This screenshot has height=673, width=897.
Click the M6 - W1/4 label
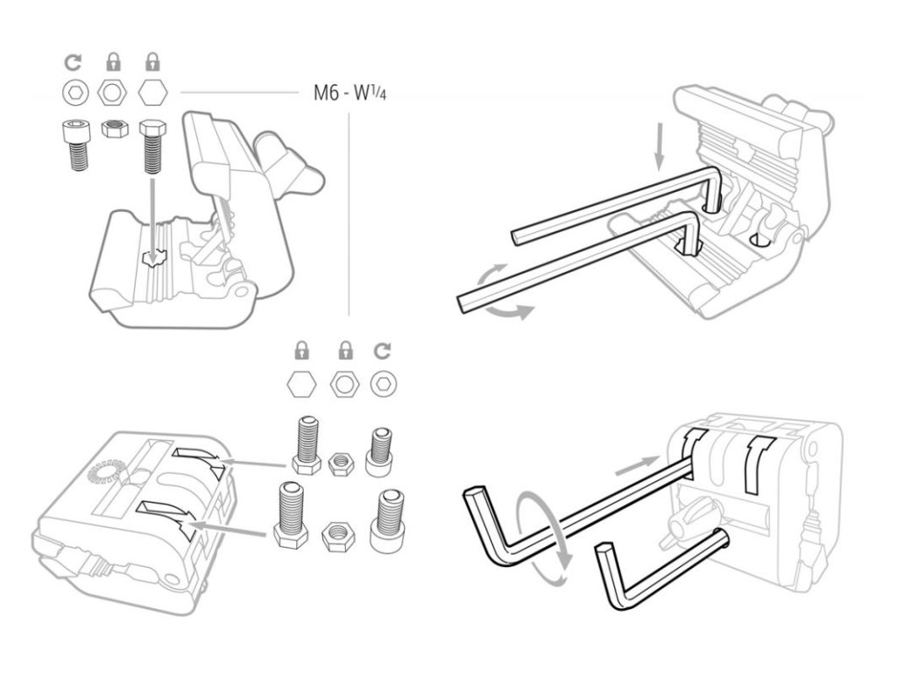pyautogui.click(x=350, y=91)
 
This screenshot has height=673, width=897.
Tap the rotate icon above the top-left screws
pyautogui.click(x=74, y=62)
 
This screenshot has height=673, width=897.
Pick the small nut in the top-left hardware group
pyautogui.click(x=111, y=129)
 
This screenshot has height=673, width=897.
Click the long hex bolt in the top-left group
pyautogui.click(x=150, y=144)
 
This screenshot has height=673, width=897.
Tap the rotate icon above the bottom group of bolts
pyautogui.click(x=381, y=351)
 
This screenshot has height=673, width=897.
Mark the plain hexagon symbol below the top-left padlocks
pyautogui.click(x=150, y=91)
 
